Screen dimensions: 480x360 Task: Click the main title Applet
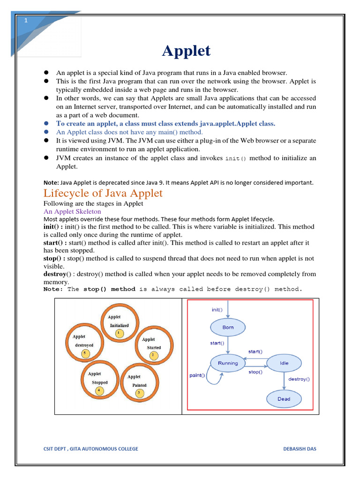tap(187, 51)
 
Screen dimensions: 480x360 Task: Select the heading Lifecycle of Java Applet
tap(103, 193)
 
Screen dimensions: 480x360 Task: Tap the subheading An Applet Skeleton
tap(72, 211)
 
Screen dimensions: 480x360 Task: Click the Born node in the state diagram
tap(228, 327)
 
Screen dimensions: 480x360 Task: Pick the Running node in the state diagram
tap(228, 363)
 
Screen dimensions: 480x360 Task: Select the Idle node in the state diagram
tap(284, 363)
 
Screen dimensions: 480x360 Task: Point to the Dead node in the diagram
tap(284, 399)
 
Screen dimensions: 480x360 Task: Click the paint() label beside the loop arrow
tap(197, 375)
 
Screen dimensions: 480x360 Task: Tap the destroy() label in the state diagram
tap(299, 379)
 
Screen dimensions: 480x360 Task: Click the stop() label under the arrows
tap(255, 372)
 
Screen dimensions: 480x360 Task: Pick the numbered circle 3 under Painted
tap(139, 393)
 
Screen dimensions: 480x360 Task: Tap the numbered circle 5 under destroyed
tap(85, 353)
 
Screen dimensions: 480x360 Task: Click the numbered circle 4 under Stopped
tap(99, 390)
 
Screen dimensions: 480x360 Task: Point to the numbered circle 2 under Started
tap(153, 355)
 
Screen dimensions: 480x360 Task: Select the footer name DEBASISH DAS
tap(300, 449)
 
